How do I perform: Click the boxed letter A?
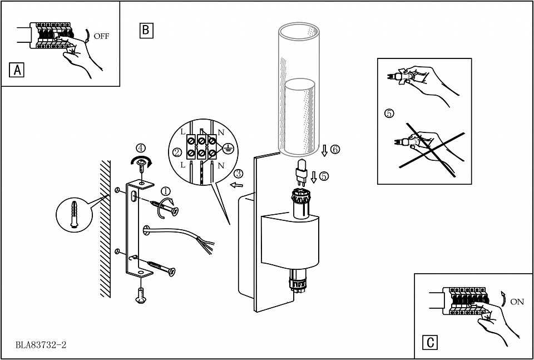pyautogui.click(x=16, y=70)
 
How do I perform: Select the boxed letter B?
pyautogui.click(x=146, y=30)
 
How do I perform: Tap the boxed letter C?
pyautogui.click(x=430, y=342)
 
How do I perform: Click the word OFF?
pyautogui.click(x=101, y=36)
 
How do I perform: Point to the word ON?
pyautogui.click(x=517, y=302)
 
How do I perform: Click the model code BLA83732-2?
pyautogui.click(x=41, y=345)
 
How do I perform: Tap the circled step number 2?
pyautogui.click(x=177, y=152)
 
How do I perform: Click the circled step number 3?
pyautogui.click(x=239, y=174)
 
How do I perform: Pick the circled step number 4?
pyautogui.click(x=141, y=148)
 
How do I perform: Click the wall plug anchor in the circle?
pyautogui.click(x=74, y=214)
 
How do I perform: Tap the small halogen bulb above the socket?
pyautogui.click(x=301, y=173)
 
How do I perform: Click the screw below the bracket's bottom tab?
pyautogui.click(x=141, y=295)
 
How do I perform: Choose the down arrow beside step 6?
pyautogui.click(x=324, y=150)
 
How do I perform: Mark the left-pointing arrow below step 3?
pyautogui.click(x=236, y=185)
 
